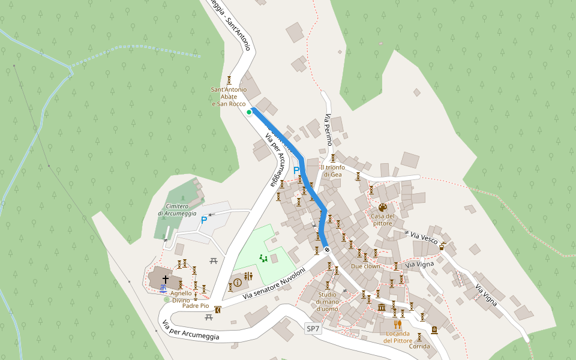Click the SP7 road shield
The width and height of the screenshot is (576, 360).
[313, 329]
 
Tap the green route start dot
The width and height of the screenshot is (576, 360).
[249, 112]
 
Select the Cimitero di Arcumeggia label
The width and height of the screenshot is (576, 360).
[177, 209]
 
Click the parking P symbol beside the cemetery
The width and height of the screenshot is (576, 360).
[204, 220]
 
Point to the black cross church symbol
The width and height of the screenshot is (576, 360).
[166, 279]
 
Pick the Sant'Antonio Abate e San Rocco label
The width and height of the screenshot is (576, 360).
[229, 97]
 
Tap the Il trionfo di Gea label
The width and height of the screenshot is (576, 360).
[333, 171]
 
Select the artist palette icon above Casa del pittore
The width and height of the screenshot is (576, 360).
[383, 208]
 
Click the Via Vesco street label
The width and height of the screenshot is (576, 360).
[424, 238]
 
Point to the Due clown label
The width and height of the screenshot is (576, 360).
[365, 266]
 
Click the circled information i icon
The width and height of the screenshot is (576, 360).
[237, 282]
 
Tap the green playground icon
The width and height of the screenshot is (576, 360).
[263, 258]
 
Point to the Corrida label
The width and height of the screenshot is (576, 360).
[419, 346]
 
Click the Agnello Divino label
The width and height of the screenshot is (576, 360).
[181, 297]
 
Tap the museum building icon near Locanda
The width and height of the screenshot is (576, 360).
[382, 308]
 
